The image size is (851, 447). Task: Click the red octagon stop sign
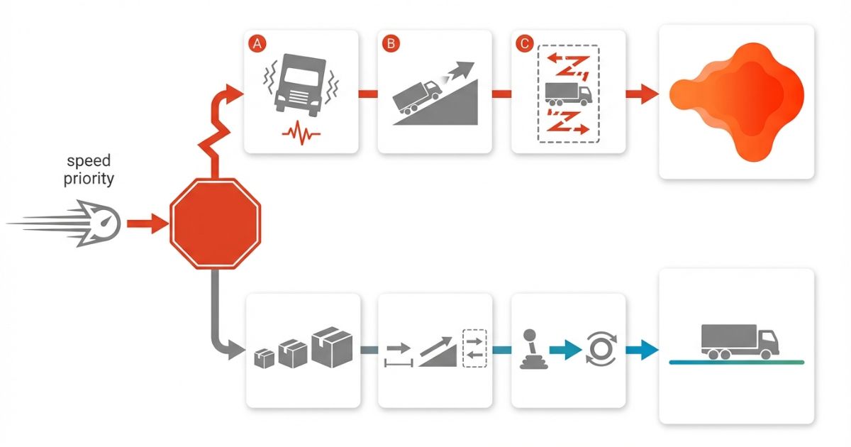(x=215, y=223)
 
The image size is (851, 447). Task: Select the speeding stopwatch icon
(x=97, y=224)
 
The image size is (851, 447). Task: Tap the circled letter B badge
(x=391, y=43)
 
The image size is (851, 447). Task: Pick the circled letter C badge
(x=524, y=43)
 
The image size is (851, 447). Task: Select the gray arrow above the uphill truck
(x=457, y=72)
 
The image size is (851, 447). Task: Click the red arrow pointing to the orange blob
(x=641, y=94)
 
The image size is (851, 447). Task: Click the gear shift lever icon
(x=530, y=348)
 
